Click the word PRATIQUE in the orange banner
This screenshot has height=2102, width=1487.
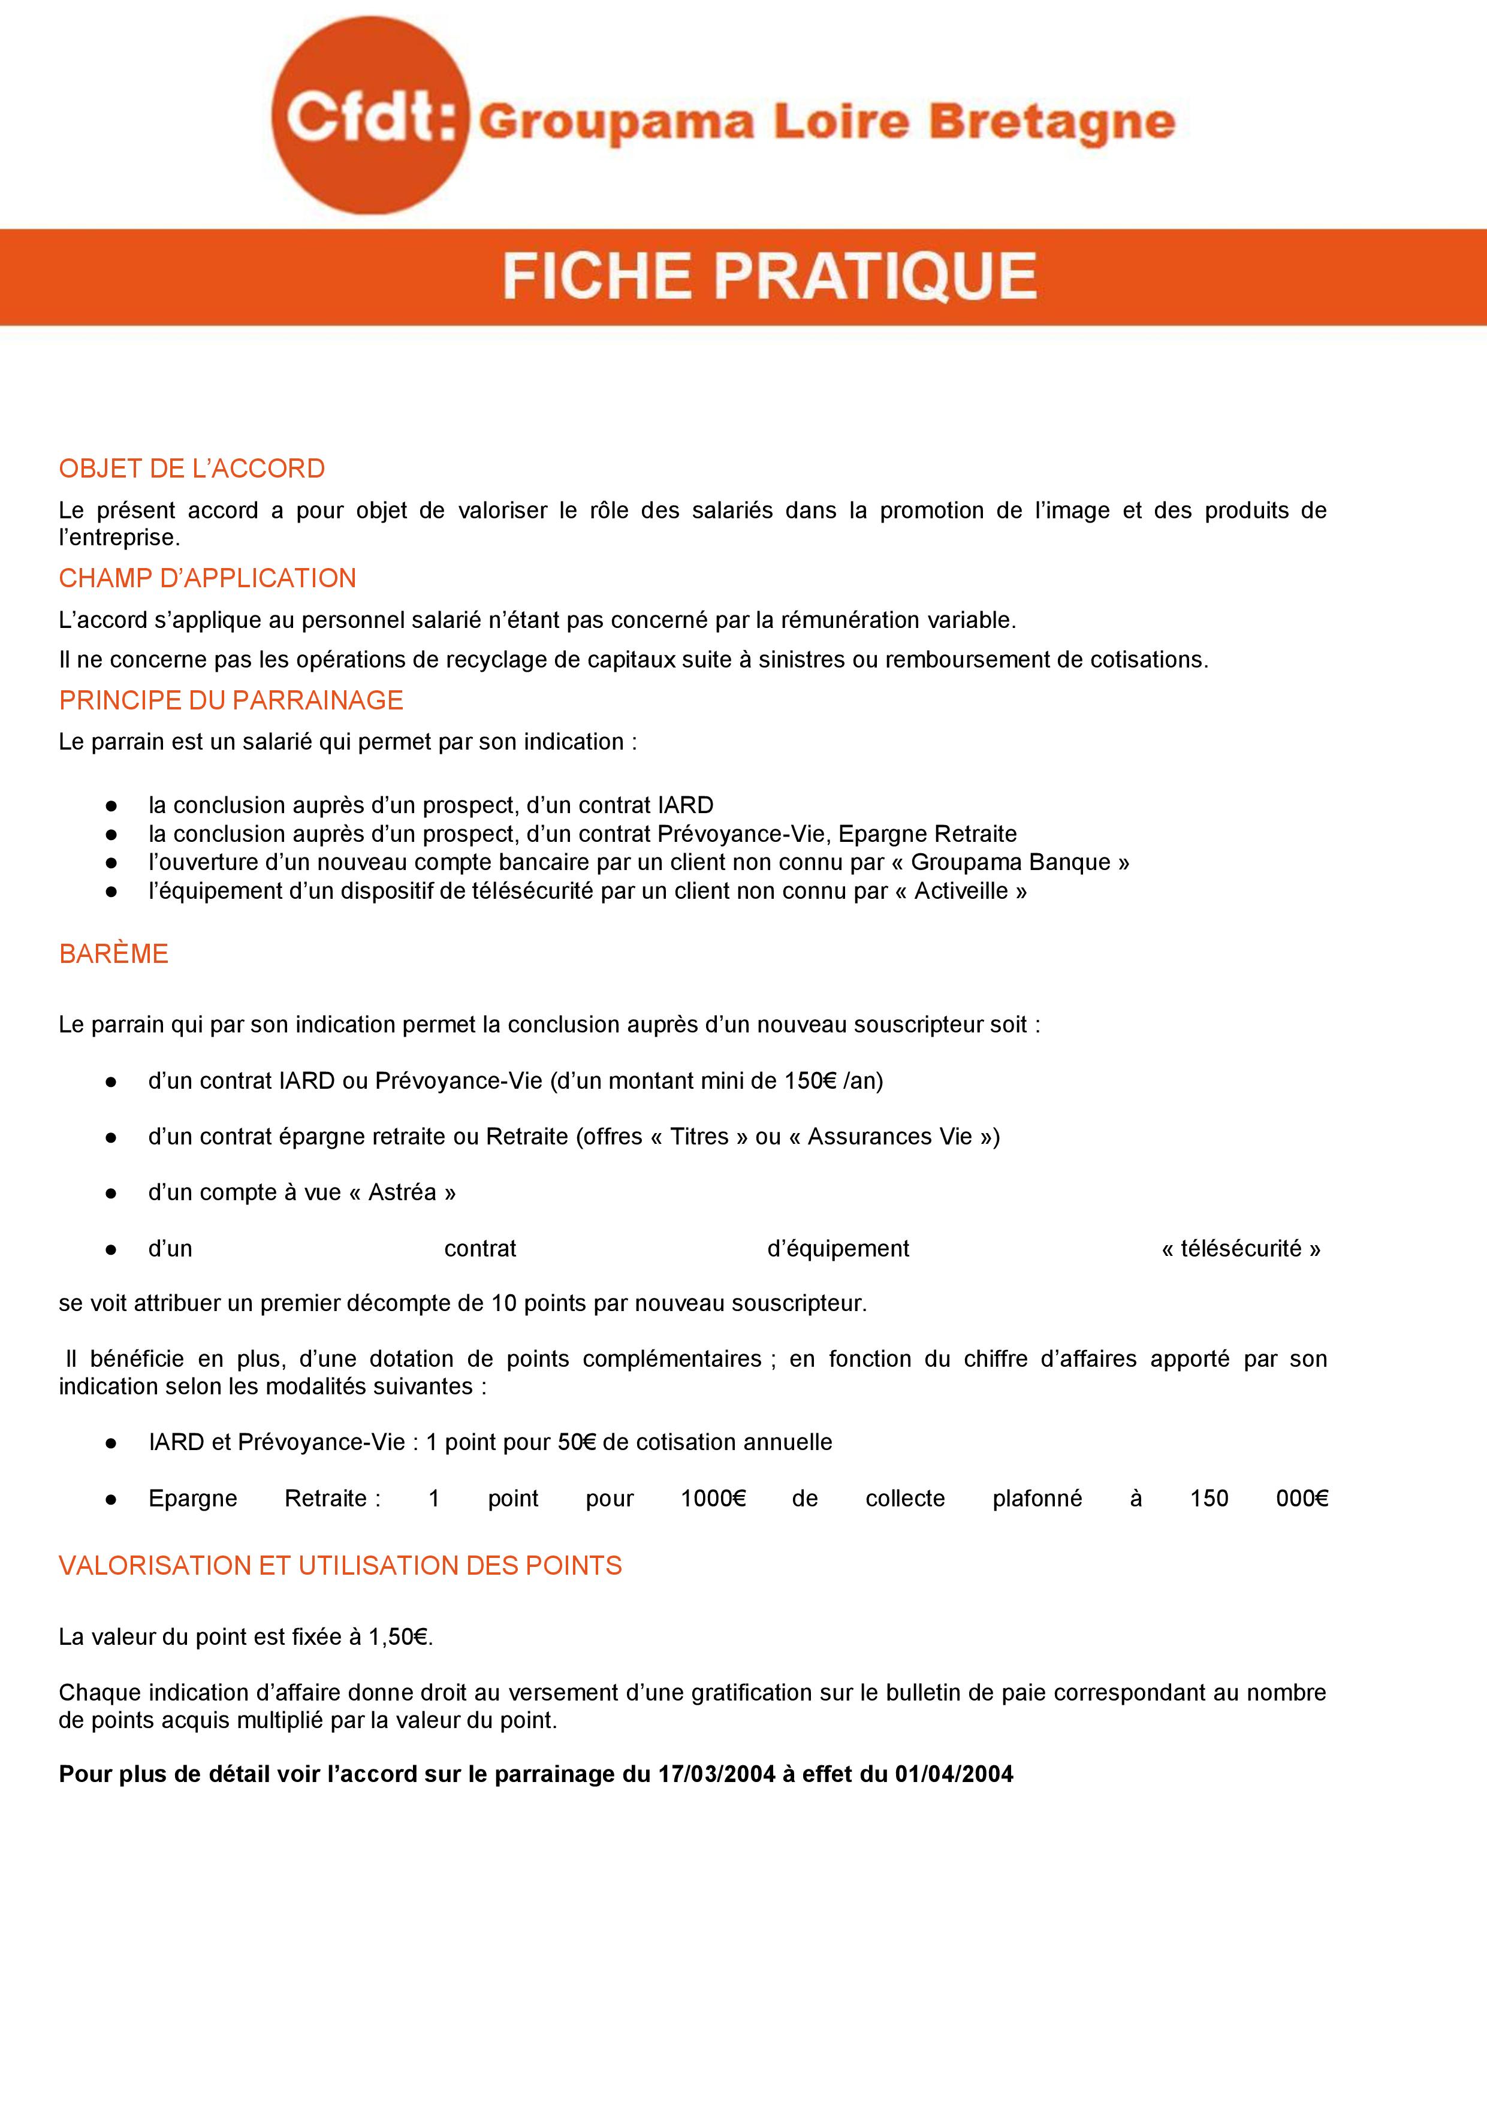point(874,276)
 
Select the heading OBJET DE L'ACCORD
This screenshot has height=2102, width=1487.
point(191,469)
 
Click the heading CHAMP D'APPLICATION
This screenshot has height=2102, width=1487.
point(207,579)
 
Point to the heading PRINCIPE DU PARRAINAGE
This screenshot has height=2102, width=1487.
point(231,700)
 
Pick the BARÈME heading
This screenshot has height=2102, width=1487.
point(113,954)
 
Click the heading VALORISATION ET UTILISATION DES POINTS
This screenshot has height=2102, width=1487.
point(340,1566)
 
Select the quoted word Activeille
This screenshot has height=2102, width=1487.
point(961,891)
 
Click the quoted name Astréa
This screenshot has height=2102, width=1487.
point(402,1192)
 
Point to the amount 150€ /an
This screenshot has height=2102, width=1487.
point(831,1081)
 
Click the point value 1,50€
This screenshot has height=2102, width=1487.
point(399,1637)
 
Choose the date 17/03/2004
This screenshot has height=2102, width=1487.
point(717,1774)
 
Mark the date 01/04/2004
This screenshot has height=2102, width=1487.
point(954,1774)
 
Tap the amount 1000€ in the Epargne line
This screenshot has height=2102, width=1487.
point(713,1499)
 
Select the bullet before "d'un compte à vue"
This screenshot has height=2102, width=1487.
point(111,1193)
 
